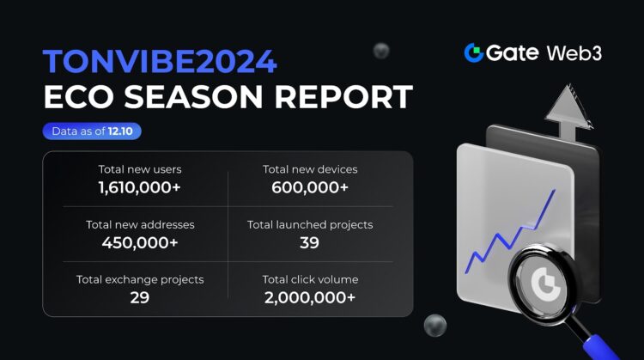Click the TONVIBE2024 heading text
[160, 63]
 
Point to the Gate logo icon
[473, 52]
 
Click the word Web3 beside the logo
[574, 52]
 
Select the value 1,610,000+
[140, 187]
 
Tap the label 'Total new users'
[140, 169]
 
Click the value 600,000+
[310, 187]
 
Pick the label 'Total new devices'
[310, 169]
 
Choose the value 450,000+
[140, 243]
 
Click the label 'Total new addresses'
[140, 224]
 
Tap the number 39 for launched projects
[310, 243]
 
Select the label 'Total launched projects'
[310, 224]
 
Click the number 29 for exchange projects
[140, 297]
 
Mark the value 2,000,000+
[310, 297]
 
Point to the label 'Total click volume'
[310, 279]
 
